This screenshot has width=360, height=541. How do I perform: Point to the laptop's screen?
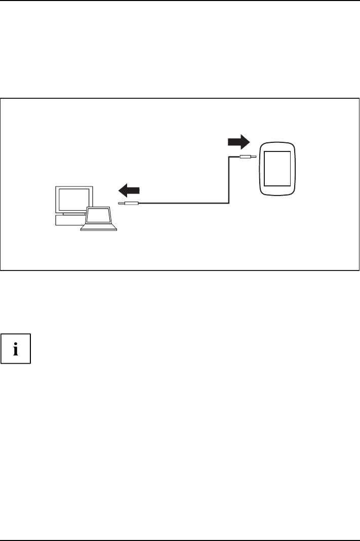point(98,216)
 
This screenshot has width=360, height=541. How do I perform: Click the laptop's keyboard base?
point(98,228)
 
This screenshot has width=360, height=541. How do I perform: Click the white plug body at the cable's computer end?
point(131,204)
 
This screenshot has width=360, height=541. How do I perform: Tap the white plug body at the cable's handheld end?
point(245,157)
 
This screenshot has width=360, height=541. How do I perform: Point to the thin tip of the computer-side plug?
point(121,204)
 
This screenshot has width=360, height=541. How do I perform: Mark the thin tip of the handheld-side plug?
point(254,157)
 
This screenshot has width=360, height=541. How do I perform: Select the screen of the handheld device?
point(276,169)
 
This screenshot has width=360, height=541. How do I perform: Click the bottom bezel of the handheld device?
point(276,191)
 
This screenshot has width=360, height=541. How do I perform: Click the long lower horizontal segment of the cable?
point(182,204)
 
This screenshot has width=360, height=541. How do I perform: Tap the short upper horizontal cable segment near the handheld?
point(234,157)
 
